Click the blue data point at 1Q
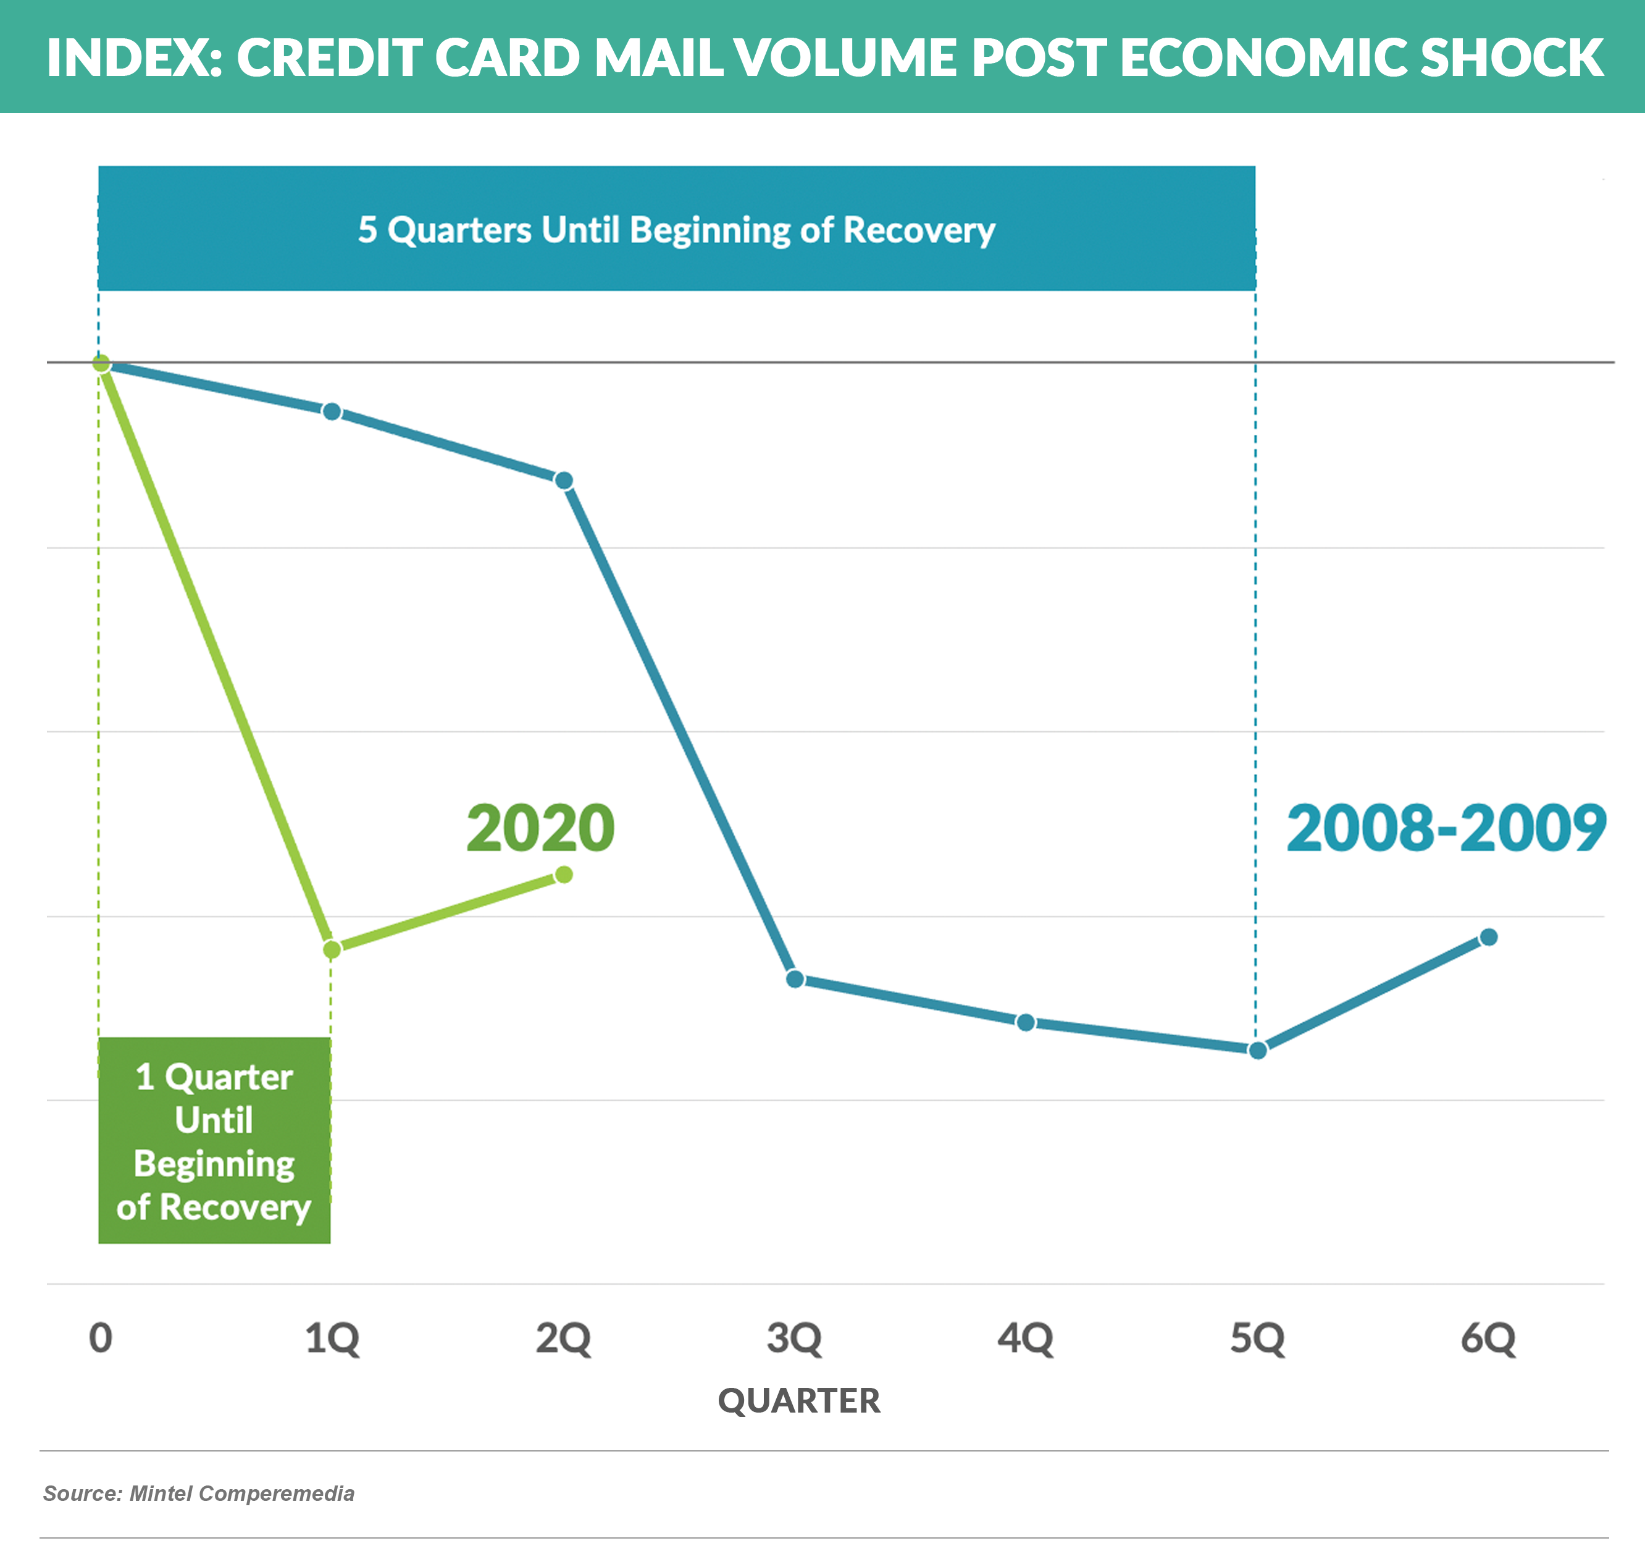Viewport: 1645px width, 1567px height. pos(332,412)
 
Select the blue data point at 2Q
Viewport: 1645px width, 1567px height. pos(564,481)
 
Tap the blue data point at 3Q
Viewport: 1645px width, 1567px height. pos(795,979)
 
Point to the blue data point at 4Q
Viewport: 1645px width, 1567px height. pos(1026,1022)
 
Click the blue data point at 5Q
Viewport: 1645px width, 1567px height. pos(1258,1051)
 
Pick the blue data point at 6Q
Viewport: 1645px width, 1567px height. pos(1488,937)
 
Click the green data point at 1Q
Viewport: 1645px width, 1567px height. pos(332,950)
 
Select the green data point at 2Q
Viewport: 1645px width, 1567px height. pos(564,875)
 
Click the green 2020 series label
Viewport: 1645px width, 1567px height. pos(540,829)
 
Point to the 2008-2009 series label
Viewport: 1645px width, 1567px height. pos(1446,829)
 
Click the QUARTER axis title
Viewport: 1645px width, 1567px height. pos(799,1401)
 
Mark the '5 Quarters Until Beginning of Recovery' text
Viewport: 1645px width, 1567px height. pos(676,230)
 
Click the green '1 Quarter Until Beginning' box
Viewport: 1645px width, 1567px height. pos(215,1141)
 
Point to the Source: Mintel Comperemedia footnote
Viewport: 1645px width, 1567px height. pos(199,1493)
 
